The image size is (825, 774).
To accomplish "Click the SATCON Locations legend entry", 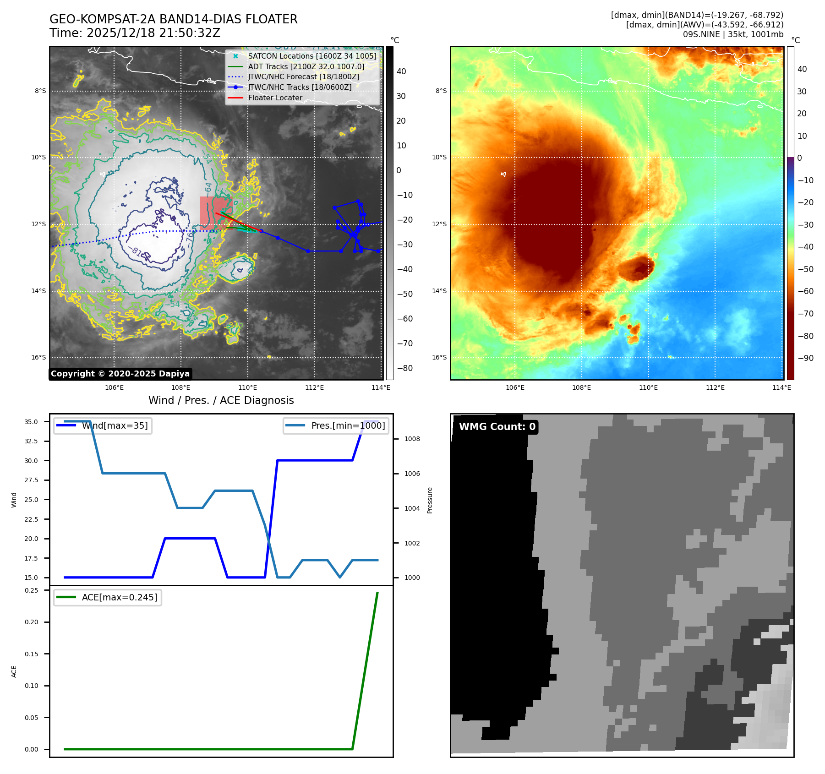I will click(311, 56).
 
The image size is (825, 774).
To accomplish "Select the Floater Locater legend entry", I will click(275, 98).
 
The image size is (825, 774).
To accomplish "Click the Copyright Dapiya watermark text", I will click(120, 374).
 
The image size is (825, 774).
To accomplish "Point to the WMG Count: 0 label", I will click(497, 427).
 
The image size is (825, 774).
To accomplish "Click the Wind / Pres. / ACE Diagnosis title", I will click(221, 401).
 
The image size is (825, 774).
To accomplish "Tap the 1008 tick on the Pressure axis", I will click(412, 439).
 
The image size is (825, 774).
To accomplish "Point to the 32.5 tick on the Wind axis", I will click(31, 441).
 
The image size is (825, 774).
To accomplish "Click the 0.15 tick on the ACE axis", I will click(32, 654).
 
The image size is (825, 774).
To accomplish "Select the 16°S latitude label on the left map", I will click(38, 358).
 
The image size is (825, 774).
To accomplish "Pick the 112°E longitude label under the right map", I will click(715, 388).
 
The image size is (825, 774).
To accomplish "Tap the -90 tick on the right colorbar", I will click(805, 358).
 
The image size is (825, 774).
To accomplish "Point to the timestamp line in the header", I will click(135, 33).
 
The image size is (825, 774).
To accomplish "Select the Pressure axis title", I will click(430, 500).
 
